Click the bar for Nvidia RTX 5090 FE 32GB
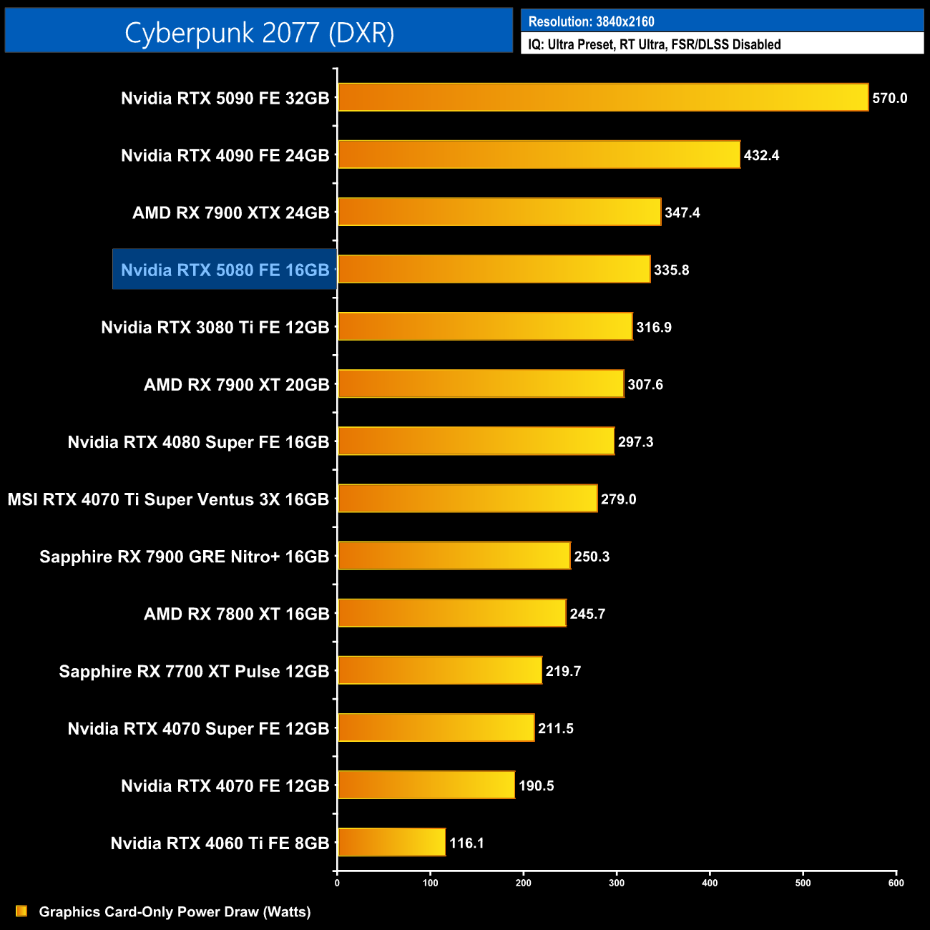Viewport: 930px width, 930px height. pos(603,97)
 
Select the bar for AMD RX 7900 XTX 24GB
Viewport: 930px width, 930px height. pos(499,212)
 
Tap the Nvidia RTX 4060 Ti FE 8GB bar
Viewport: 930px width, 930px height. pos(391,842)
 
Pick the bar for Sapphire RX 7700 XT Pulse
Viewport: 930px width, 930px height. pos(440,670)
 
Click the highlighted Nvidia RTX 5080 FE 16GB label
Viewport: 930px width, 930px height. pos(225,270)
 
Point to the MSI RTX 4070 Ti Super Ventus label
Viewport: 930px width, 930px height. pos(168,499)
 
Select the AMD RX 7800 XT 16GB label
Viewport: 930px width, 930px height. pos(236,614)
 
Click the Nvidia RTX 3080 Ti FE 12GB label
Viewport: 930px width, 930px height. pos(215,328)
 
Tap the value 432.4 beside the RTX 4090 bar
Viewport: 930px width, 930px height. pos(761,155)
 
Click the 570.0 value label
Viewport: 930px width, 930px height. pos(889,98)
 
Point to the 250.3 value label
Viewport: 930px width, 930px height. pos(592,557)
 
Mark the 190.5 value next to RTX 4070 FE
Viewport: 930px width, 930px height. pos(536,785)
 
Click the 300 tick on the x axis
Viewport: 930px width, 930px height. pos(617,883)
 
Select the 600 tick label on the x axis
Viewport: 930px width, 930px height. pos(896,883)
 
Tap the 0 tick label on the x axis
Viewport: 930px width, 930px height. pos(337,883)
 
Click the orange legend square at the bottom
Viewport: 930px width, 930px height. pos(21,911)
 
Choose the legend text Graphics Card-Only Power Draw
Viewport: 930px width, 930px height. pos(175,911)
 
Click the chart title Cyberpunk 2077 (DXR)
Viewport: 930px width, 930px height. pos(259,32)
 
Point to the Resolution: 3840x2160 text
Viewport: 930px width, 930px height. pos(591,21)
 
